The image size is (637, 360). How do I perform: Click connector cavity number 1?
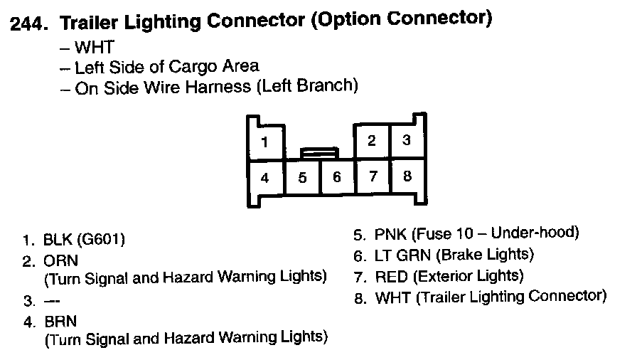tap(264, 142)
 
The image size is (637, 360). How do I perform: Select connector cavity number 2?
tap(372, 140)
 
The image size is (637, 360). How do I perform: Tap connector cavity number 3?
tap(407, 140)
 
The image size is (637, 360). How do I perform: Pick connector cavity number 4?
tap(264, 177)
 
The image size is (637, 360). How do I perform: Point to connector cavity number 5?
tap(302, 177)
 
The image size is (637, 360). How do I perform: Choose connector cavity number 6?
tap(337, 176)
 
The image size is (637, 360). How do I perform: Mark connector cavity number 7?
tap(373, 176)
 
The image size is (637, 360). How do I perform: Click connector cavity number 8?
tap(407, 175)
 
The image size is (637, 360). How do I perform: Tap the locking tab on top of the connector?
tap(319, 152)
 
